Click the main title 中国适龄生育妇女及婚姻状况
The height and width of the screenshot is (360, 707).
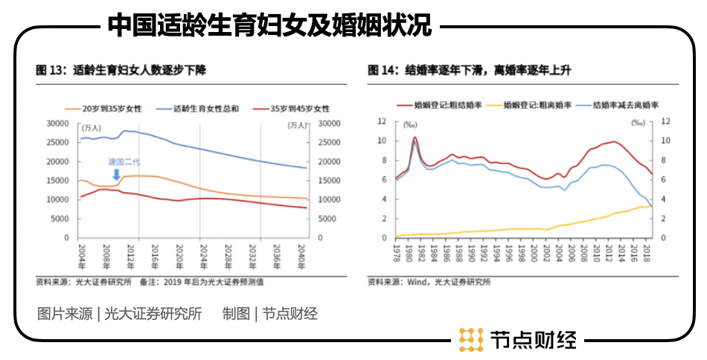coord(270,25)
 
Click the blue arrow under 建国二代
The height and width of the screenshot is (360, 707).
coord(115,173)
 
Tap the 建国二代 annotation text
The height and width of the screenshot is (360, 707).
coord(124,161)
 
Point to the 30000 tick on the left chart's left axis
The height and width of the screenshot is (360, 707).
coord(57,123)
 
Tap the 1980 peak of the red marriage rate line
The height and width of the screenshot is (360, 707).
coord(415,137)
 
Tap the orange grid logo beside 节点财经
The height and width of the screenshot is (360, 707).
coord(471,339)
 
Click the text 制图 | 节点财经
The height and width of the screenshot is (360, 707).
coord(270,314)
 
